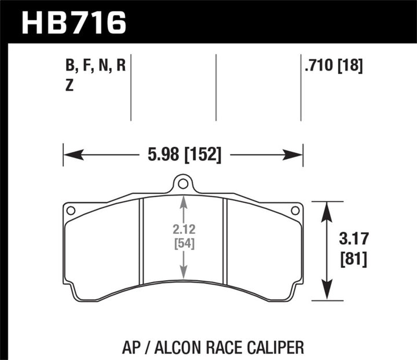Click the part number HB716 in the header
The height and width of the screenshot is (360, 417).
pyautogui.click(x=73, y=22)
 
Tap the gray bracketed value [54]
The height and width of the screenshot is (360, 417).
pyautogui.click(x=183, y=244)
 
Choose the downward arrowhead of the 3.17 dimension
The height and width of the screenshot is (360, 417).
pyautogui.click(x=327, y=295)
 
